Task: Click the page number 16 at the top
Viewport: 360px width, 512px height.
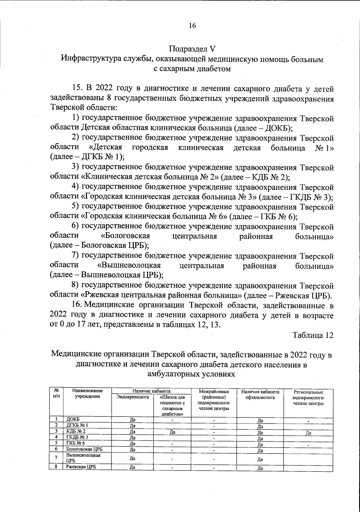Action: (192, 26)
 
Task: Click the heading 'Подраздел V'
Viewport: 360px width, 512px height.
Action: (192, 49)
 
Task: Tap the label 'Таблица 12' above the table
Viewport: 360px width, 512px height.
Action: (313, 335)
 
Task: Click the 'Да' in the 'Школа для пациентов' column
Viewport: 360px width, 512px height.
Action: (172, 432)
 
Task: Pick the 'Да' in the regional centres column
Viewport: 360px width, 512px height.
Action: (308, 433)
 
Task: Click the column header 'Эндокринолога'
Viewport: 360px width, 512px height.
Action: (133, 397)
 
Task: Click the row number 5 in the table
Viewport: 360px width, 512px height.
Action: (56, 443)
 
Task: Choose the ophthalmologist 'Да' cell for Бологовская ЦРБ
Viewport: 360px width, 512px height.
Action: (260, 450)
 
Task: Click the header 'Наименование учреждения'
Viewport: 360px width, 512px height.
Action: (87, 393)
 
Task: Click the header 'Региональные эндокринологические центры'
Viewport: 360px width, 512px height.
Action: (308, 398)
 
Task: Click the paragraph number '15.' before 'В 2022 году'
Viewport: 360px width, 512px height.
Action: (78, 88)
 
